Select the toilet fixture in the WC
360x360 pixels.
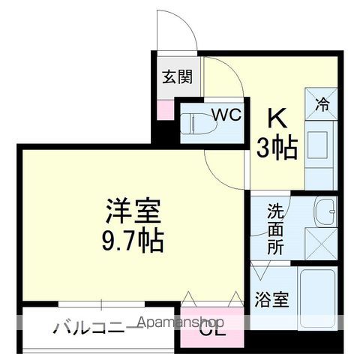(x=196, y=121)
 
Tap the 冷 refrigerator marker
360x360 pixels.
(x=322, y=105)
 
